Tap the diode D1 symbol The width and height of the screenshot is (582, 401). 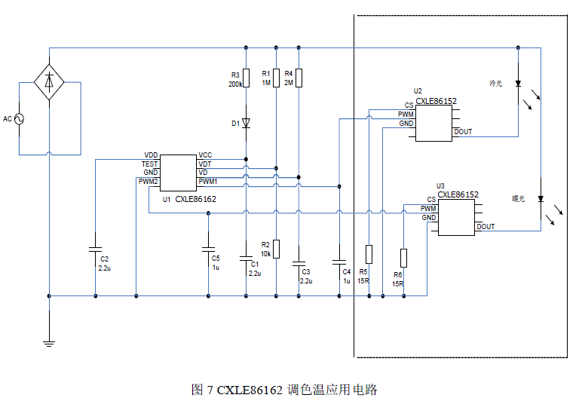coord(247,122)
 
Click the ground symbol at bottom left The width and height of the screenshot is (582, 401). coord(49,344)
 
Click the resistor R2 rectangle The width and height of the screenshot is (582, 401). coord(277,248)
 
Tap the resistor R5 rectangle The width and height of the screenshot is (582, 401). coord(369,253)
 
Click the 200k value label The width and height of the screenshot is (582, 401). coord(235,84)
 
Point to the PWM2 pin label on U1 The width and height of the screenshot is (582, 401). coord(148,182)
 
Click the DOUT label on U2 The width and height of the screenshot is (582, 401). coord(463,132)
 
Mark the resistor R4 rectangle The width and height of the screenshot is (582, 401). coord(299,77)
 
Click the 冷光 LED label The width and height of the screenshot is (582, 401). coord(495,83)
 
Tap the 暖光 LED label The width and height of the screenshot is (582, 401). coord(518,199)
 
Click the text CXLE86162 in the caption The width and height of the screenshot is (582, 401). coord(250,390)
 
